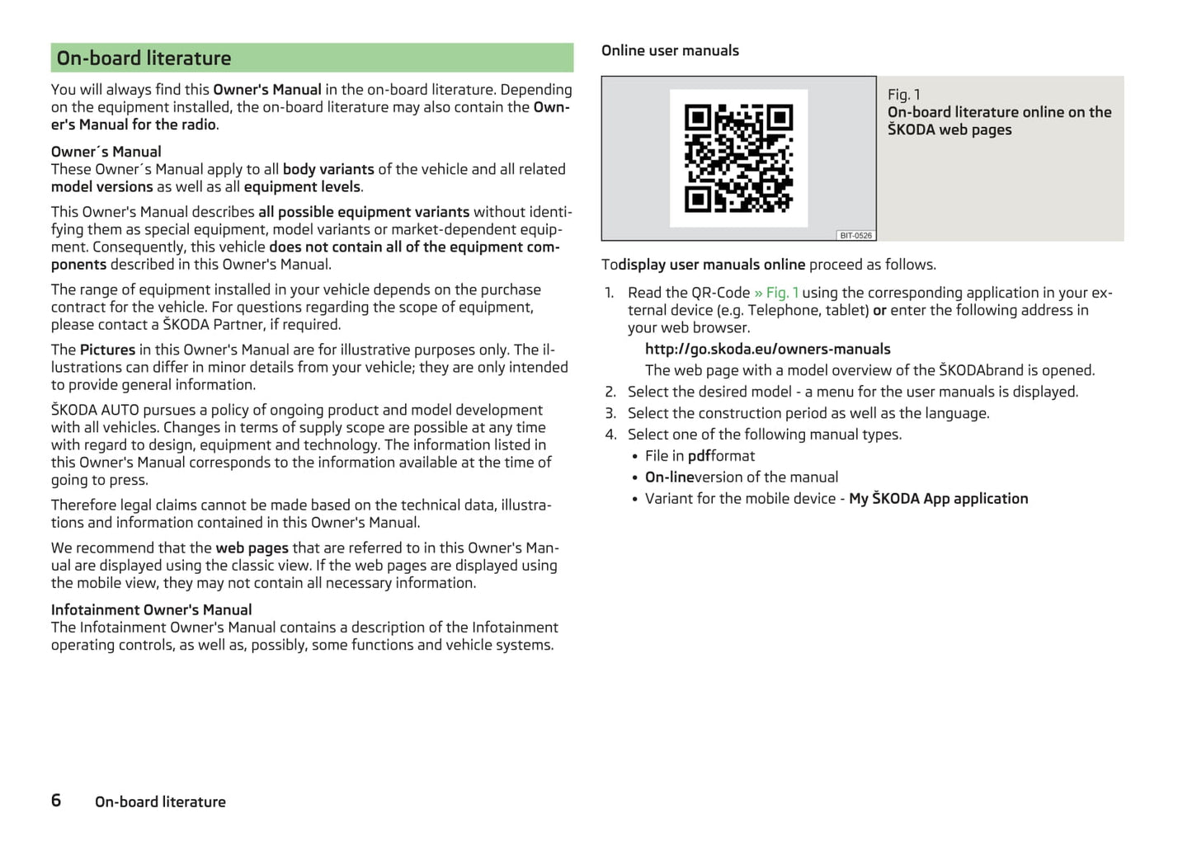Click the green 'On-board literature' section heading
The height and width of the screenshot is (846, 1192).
[x=144, y=59]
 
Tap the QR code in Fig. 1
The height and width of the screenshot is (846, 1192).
[x=738, y=158]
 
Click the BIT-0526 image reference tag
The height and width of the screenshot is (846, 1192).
[x=855, y=236]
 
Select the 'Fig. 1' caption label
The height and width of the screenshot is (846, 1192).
[x=903, y=95]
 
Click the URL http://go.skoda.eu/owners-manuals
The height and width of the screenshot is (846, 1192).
[x=767, y=349]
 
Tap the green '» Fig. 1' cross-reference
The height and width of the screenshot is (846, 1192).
[x=775, y=293]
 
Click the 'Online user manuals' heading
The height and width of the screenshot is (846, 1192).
[x=670, y=50]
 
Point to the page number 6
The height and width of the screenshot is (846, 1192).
[x=56, y=801]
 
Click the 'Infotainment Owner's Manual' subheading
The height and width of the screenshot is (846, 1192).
[x=151, y=610]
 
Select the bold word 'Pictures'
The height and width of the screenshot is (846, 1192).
[x=107, y=350]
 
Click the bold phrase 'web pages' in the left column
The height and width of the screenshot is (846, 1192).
[x=252, y=548]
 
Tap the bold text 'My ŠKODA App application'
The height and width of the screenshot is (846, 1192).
[x=938, y=499]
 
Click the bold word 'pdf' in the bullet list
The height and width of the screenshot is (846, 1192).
[x=699, y=456]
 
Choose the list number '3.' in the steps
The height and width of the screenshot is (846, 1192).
[x=610, y=413]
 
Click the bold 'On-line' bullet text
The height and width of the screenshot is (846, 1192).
[x=670, y=477]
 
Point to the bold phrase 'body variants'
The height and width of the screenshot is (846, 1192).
[x=328, y=169]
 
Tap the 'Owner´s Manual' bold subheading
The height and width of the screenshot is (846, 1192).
[x=106, y=152]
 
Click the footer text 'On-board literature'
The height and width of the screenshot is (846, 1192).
[x=160, y=801]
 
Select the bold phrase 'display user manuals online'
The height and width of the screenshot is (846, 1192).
[x=712, y=265]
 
